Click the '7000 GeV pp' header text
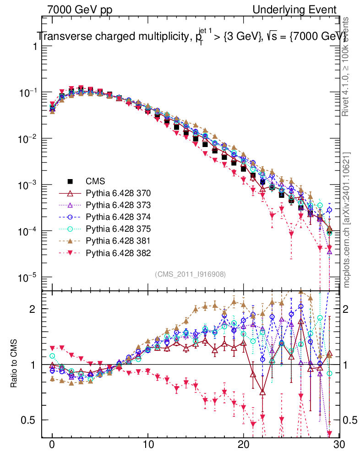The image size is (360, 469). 80,10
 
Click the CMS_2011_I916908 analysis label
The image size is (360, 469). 191,274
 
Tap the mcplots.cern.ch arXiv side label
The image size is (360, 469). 348,220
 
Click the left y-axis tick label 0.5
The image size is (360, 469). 30,420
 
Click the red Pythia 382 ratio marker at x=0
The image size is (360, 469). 52,349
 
